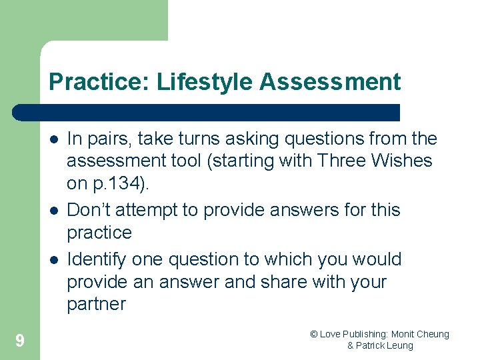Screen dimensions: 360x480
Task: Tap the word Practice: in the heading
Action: point(99,82)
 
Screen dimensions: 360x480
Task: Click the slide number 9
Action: point(20,341)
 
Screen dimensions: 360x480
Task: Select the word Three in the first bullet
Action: point(340,161)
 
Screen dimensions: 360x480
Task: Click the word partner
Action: point(96,305)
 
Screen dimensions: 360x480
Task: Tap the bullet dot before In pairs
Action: point(53,139)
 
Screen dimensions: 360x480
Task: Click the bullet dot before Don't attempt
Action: point(53,211)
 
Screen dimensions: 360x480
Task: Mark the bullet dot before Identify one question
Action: point(53,260)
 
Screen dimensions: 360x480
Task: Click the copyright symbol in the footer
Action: point(313,334)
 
